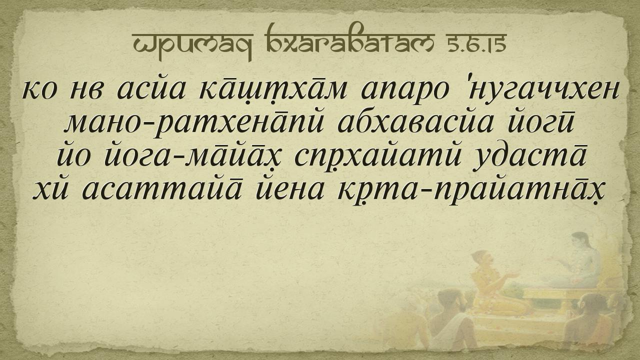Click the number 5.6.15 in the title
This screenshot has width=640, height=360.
tap(476, 43)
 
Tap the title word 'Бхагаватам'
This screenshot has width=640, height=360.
tap(349, 40)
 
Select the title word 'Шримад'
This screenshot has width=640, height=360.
tap(192, 45)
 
